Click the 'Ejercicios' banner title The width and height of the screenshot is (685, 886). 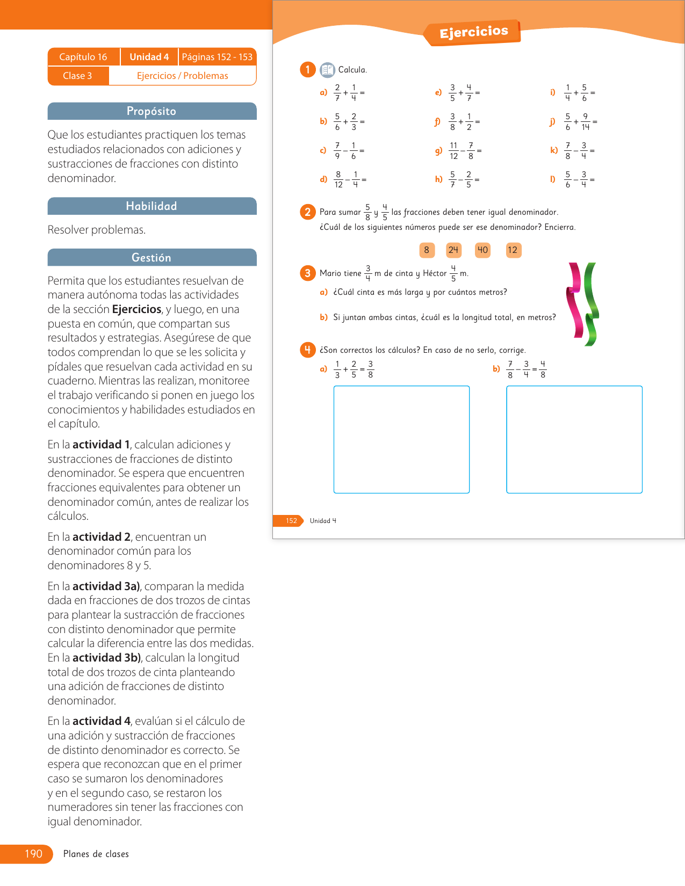(x=473, y=32)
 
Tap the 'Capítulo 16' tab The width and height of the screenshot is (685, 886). (x=83, y=57)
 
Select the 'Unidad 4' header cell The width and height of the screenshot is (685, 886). (x=149, y=57)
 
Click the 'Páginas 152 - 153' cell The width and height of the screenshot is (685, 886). (x=217, y=57)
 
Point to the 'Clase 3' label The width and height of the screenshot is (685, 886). (x=77, y=76)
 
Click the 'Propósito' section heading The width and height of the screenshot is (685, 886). (x=152, y=111)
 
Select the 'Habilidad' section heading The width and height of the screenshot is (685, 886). (x=152, y=206)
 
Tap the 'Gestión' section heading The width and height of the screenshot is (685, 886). (x=152, y=258)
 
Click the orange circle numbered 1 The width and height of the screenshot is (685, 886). (x=307, y=69)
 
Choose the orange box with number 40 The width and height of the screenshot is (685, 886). (x=482, y=250)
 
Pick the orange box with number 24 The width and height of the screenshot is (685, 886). (x=453, y=250)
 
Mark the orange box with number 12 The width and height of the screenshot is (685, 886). (x=513, y=250)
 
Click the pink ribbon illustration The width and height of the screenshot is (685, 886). (x=575, y=301)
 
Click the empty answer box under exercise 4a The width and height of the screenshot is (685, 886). (x=401, y=439)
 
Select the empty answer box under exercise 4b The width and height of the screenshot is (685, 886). (x=574, y=439)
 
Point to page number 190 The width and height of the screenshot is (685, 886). (x=33, y=854)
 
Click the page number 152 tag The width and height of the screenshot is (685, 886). (x=291, y=520)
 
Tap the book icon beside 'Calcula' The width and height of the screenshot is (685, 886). (x=327, y=70)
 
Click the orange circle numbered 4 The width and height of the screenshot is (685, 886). (x=307, y=350)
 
